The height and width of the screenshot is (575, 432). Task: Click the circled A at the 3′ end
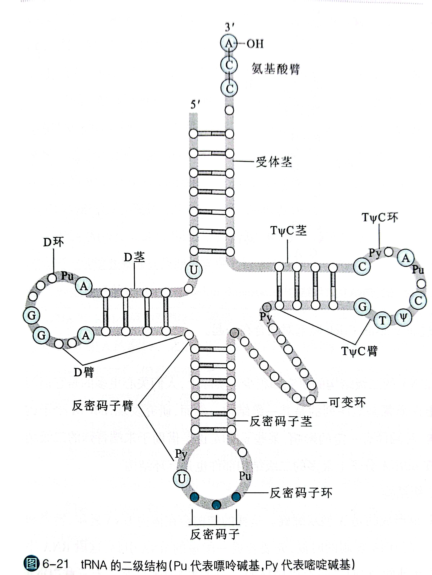pos(229,43)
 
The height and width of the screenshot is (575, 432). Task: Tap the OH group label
pos(255,44)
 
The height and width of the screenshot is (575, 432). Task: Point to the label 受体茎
pos(274,162)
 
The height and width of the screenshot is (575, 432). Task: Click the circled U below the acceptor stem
pos(194,270)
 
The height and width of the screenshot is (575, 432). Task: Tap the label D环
pos(53,242)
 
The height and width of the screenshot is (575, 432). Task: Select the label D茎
pos(134,257)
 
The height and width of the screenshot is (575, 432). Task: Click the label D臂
pos(84,372)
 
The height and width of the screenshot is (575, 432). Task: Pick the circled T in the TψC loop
pos(382,320)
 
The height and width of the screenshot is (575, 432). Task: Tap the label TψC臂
pos(359,351)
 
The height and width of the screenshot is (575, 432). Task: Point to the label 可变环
pos(347,402)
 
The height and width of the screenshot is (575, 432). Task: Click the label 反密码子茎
pos(281,421)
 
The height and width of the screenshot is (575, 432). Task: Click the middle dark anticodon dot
pos(216,505)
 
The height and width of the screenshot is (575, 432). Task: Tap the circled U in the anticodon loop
pos(182,479)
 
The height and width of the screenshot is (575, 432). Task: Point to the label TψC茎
pos(288,231)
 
